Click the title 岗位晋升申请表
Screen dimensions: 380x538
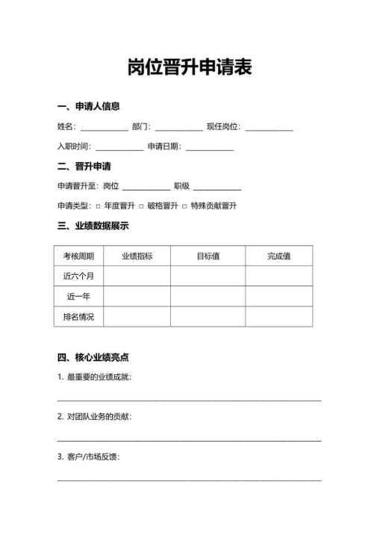[x=190, y=68]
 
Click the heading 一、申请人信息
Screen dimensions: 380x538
[x=88, y=107]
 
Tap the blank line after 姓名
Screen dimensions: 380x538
[x=104, y=129]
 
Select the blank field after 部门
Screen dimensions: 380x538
[x=178, y=129]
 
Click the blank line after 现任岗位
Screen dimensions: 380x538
[x=269, y=129]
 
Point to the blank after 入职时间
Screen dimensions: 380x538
[x=119, y=148]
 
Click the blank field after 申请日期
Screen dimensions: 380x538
[x=210, y=148]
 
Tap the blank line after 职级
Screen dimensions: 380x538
[x=217, y=188]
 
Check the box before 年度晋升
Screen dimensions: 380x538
[x=98, y=206]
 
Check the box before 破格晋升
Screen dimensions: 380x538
[x=140, y=206]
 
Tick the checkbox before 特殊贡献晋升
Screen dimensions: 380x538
[x=184, y=206]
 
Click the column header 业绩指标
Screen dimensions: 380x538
[x=137, y=256]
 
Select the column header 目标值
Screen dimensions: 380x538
[x=208, y=256]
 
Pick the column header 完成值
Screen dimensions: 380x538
[x=278, y=256]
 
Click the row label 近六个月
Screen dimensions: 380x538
[x=78, y=276]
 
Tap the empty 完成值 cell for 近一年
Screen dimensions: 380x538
[x=278, y=297]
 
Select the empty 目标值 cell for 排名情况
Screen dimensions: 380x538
[x=208, y=317]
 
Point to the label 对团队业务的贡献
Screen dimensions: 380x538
[x=98, y=416]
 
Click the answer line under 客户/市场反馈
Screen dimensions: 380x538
[x=190, y=478]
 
